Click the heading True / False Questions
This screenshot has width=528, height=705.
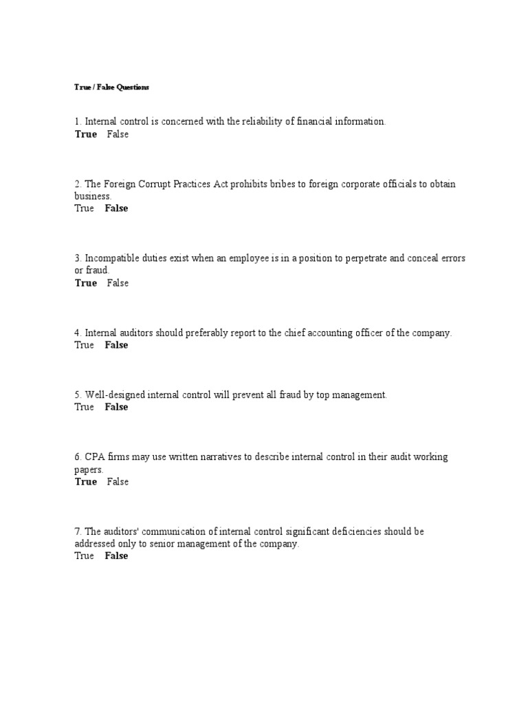(x=111, y=87)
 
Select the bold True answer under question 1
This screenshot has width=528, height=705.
(x=86, y=134)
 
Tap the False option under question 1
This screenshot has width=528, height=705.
(x=118, y=134)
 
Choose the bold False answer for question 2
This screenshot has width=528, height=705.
(x=116, y=209)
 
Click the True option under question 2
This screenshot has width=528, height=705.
(x=84, y=209)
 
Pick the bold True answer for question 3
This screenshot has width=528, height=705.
(x=86, y=283)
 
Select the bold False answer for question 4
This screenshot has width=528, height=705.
(x=116, y=345)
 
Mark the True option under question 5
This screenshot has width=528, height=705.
(x=84, y=407)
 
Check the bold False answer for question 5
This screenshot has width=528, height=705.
(x=116, y=407)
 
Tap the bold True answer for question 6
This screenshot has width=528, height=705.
(x=86, y=482)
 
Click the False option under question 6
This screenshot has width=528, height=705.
(x=118, y=482)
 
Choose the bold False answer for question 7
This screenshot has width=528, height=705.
(x=116, y=556)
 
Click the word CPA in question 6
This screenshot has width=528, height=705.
(x=94, y=457)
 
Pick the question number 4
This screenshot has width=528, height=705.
(x=78, y=333)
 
